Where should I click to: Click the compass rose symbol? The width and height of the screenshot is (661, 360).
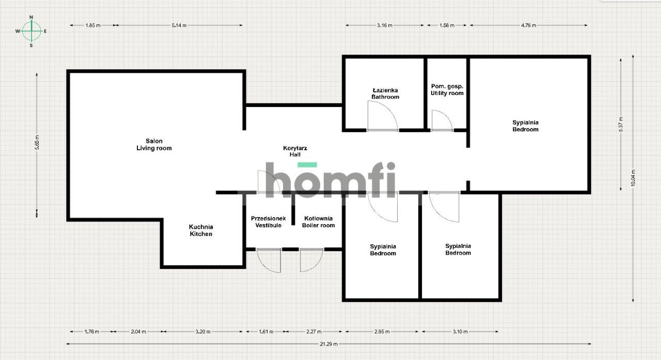coord(32,31)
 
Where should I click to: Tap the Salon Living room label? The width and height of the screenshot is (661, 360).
coord(154,145)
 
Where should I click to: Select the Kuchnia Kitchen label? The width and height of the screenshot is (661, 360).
coord(200,230)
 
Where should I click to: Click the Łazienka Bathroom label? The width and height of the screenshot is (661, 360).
coord(385,93)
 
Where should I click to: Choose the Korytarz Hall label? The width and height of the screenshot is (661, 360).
coord(295,151)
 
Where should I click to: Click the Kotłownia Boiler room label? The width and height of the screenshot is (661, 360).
coord(319,222)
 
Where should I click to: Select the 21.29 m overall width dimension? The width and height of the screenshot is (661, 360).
coord(329,343)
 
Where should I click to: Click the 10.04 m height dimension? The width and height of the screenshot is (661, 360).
coord(633,179)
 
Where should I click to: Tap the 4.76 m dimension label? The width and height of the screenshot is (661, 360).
coord(528,25)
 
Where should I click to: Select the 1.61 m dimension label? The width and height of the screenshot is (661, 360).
coord(265,332)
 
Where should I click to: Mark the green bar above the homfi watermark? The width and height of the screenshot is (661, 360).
coord(307,165)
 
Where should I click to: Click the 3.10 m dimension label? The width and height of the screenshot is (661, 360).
coord(460,332)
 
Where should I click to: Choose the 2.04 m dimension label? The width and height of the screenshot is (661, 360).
coord(138,332)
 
